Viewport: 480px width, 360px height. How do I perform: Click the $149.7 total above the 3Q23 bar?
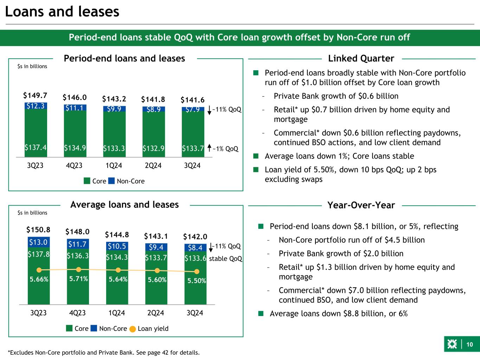pos(35,96)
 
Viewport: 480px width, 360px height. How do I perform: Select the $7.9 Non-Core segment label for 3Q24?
pos(193,109)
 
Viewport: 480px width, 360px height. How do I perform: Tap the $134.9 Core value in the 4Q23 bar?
pos(75,148)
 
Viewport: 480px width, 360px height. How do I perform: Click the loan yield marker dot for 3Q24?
pos(197,271)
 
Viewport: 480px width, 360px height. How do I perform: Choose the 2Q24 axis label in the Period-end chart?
pos(153,165)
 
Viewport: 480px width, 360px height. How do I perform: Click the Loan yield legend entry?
pos(153,328)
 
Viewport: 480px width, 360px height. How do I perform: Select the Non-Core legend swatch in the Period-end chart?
pos(111,181)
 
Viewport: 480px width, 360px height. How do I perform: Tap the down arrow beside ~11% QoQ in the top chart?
pos(209,110)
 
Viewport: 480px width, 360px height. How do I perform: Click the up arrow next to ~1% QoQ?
pos(209,148)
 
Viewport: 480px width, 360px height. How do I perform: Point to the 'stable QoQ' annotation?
pos(225,259)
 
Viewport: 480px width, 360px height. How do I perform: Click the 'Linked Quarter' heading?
pos(361,58)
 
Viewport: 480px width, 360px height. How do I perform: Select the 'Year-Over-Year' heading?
pos(361,205)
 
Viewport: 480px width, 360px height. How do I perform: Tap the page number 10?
pos(470,345)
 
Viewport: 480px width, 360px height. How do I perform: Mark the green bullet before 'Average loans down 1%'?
pos(256,156)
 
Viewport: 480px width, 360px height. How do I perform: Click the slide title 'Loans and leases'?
pos(62,12)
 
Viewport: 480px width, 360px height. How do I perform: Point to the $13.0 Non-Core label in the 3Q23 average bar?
pos(39,242)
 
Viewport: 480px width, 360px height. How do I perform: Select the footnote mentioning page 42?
pos(104,352)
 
